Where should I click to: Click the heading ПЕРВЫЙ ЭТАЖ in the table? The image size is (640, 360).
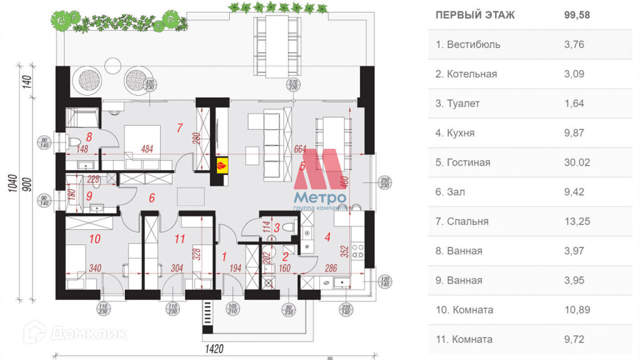[x=475, y=15]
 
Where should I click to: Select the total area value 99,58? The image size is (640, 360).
[x=577, y=15]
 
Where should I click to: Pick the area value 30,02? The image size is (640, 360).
[x=577, y=162]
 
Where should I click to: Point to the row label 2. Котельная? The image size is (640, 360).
[x=466, y=74]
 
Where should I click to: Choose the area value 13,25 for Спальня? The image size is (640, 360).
[x=577, y=221]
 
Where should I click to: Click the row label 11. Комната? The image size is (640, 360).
[x=464, y=339]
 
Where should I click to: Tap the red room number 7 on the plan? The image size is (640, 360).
[x=179, y=129]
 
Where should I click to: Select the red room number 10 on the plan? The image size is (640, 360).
[x=95, y=238]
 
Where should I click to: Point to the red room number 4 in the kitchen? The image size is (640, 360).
[x=327, y=237]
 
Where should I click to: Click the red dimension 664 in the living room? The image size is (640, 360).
[x=301, y=149]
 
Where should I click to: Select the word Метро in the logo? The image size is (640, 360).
[x=319, y=198]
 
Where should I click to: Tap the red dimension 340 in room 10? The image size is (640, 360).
[x=95, y=269]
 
